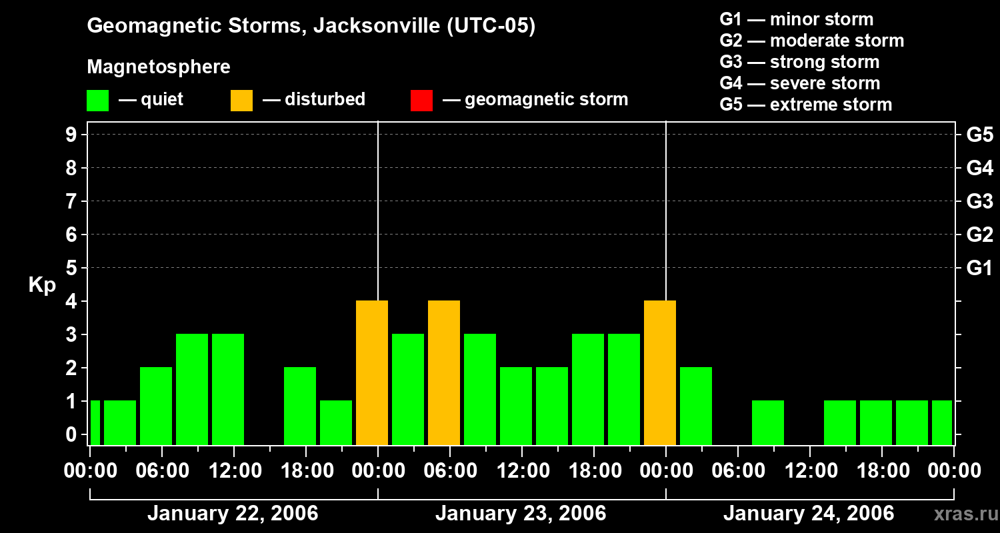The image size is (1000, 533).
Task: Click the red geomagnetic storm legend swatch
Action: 421,100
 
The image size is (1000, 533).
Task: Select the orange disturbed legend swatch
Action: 241,100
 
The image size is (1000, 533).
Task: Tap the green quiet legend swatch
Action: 97,100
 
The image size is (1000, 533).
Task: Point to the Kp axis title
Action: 42,285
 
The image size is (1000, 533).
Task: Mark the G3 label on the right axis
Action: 979,201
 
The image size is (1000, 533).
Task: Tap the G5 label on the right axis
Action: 979,135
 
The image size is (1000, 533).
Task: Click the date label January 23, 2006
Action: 521,514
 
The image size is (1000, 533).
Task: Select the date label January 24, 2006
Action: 809,514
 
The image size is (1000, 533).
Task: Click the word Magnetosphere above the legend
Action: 159,67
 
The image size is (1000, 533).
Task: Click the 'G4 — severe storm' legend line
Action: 800,83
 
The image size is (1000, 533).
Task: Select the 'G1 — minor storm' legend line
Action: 797,19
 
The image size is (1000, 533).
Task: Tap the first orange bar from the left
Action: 372,373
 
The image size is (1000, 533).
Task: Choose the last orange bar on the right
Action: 660,373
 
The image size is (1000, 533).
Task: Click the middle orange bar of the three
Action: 444,373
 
